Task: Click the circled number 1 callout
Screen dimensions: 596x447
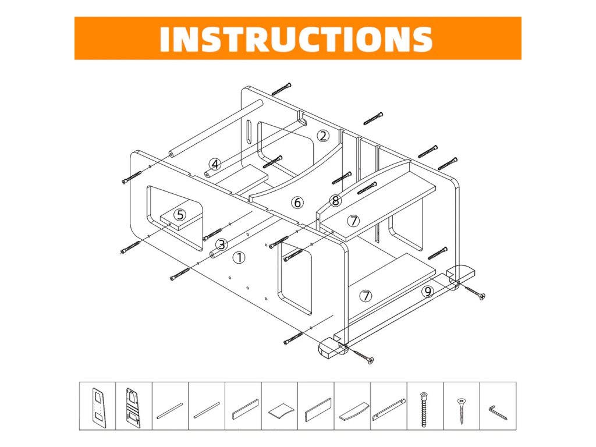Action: [239, 258]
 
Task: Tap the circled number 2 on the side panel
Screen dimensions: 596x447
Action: [323, 136]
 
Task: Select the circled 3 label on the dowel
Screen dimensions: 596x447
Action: [222, 244]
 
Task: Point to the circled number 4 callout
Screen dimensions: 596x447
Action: [215, 164]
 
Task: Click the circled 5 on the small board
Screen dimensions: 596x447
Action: [180, 215]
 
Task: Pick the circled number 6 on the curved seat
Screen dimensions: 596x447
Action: [297, 203]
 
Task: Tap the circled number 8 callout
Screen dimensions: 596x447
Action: [335, 200]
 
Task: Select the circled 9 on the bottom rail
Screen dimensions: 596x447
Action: [428, 292]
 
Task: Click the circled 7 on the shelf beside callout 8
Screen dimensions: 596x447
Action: [354, 221]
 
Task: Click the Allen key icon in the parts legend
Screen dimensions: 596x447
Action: [498, 413]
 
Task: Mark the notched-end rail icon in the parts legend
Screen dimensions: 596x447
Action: [389, 409]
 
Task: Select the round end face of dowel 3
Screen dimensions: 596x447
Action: [214, 254]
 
